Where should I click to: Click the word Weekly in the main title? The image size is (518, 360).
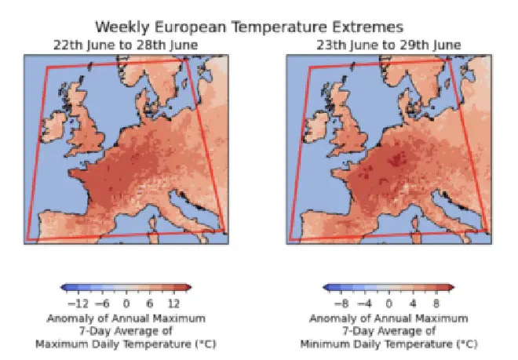click(122, 27)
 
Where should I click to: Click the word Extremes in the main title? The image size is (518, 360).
click(367, 27)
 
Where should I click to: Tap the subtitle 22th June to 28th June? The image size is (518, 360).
click(126, 45)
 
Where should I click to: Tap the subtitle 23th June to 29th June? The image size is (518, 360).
click(388, 45)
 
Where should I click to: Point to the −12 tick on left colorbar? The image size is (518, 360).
click(78, 304)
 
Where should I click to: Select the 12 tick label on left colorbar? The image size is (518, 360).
click(173, 304)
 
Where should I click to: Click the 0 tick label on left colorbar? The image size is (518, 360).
click(126, 304)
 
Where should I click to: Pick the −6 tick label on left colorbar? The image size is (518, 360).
click(102, 304)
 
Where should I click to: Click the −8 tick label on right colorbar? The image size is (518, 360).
click(341, 304)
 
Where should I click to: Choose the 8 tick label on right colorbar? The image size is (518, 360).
click(436, 304)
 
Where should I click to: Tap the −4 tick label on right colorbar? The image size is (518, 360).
click(365, 304)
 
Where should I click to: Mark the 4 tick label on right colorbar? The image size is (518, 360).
click(413, 304)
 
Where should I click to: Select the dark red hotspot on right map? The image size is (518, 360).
click(397, 159)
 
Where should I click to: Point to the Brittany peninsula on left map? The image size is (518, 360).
click(77, 173)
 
